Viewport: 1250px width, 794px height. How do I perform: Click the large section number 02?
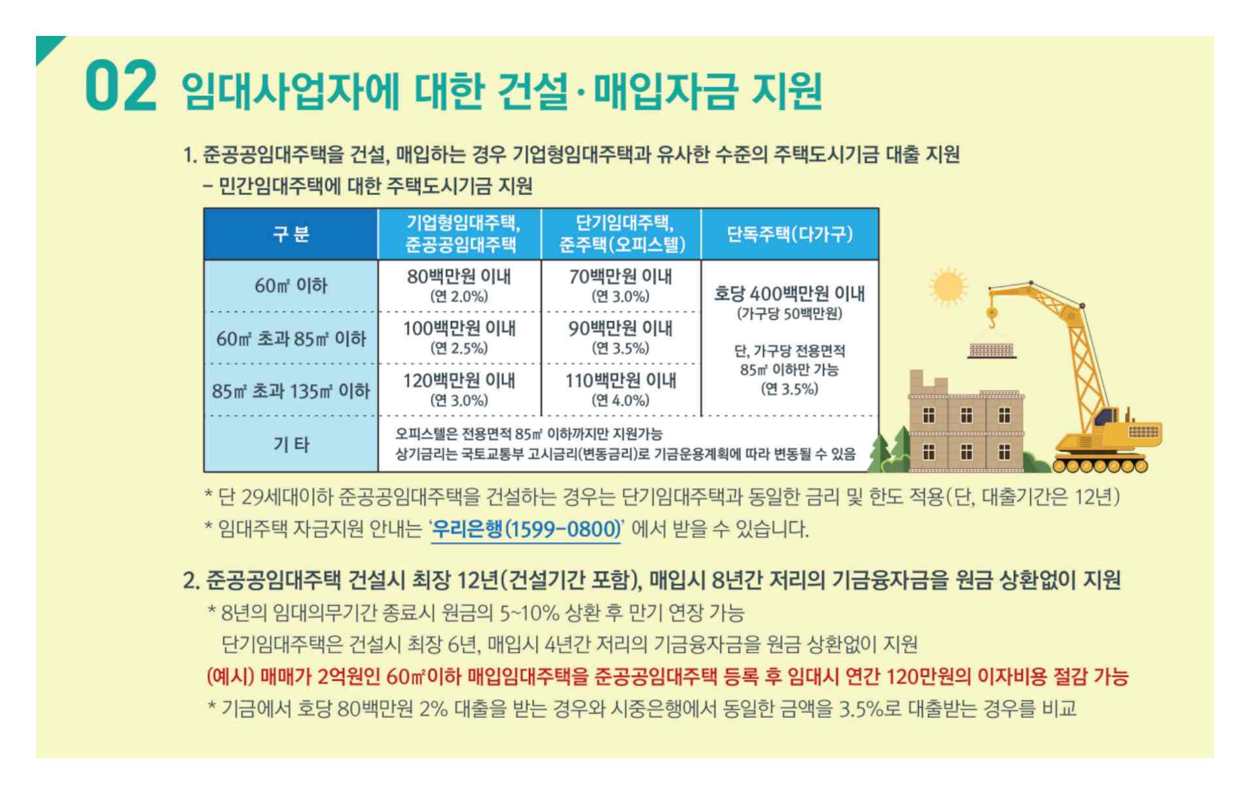pos(121,86)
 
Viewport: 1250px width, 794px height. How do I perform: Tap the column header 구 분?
pos(291,234)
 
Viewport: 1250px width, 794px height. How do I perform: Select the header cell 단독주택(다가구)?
pos(789,234)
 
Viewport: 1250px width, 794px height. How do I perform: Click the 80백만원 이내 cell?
pos(459,285)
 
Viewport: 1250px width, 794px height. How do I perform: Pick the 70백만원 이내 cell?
pos(620,285)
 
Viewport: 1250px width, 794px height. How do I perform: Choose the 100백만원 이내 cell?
pos(459,337)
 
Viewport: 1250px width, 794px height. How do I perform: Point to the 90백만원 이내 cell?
pos(620,337)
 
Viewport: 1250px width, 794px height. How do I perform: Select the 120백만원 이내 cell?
pos(459,389)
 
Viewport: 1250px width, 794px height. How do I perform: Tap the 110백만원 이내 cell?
pos(620,389)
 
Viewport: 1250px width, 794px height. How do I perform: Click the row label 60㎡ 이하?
pos(291,286)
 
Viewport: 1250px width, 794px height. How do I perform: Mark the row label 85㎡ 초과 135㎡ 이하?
pos(291,391)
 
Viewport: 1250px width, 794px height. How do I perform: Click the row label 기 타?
pos(291,445)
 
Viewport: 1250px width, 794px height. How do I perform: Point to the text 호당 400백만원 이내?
pos(789,294)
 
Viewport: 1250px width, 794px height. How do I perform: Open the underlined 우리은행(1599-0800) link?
pos(526,528)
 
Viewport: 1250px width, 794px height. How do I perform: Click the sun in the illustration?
pos(947,286)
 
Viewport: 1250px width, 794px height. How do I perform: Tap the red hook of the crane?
pos(992,320)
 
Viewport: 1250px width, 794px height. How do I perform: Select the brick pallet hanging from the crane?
pos(992,351)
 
